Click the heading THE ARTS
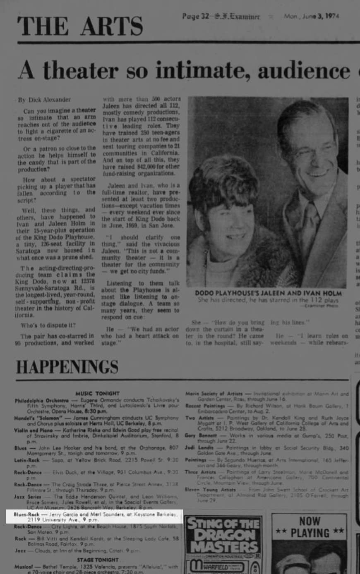coord(80,26)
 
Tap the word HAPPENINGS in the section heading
coord(67,367)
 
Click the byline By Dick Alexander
coord(44,100)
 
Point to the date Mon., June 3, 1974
coord(311,16)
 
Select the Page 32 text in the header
coord(196,17)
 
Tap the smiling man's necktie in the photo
coord(309,223)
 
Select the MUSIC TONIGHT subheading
coord(98,393)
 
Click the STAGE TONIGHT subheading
coord(98,560)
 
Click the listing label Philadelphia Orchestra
coord(42,400)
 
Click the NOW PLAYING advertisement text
coord(310,527)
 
